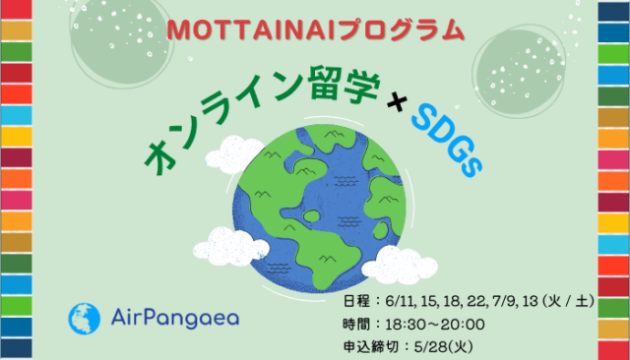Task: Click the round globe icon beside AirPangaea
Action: click(x=84, y=318)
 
